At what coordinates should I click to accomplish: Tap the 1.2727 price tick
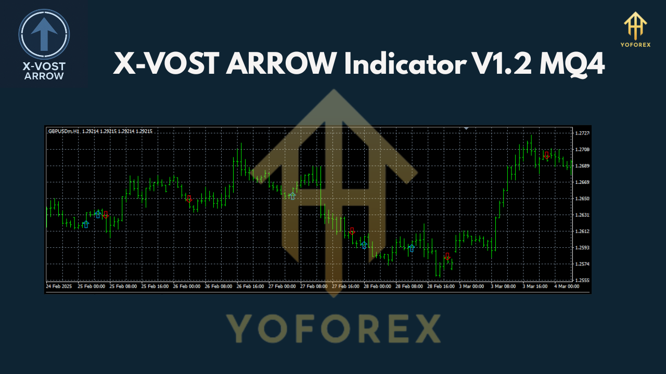point(582,133)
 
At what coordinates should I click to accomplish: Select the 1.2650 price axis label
point(582,198)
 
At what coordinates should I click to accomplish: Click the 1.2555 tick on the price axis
point(582,280)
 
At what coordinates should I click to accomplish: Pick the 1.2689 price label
point(582,166)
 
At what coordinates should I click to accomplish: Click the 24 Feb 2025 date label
point(59,286)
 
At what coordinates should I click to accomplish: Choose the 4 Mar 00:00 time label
point(566,286)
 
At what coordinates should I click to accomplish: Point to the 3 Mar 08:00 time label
point(503,286)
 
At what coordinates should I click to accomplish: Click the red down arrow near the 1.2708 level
point(546,155)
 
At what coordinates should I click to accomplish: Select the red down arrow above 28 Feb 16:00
point(447,256)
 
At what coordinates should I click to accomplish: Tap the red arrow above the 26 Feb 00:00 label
point(189,198)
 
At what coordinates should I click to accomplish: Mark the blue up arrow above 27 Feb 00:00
point(292,196)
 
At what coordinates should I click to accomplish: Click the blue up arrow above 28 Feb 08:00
point(412,248)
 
